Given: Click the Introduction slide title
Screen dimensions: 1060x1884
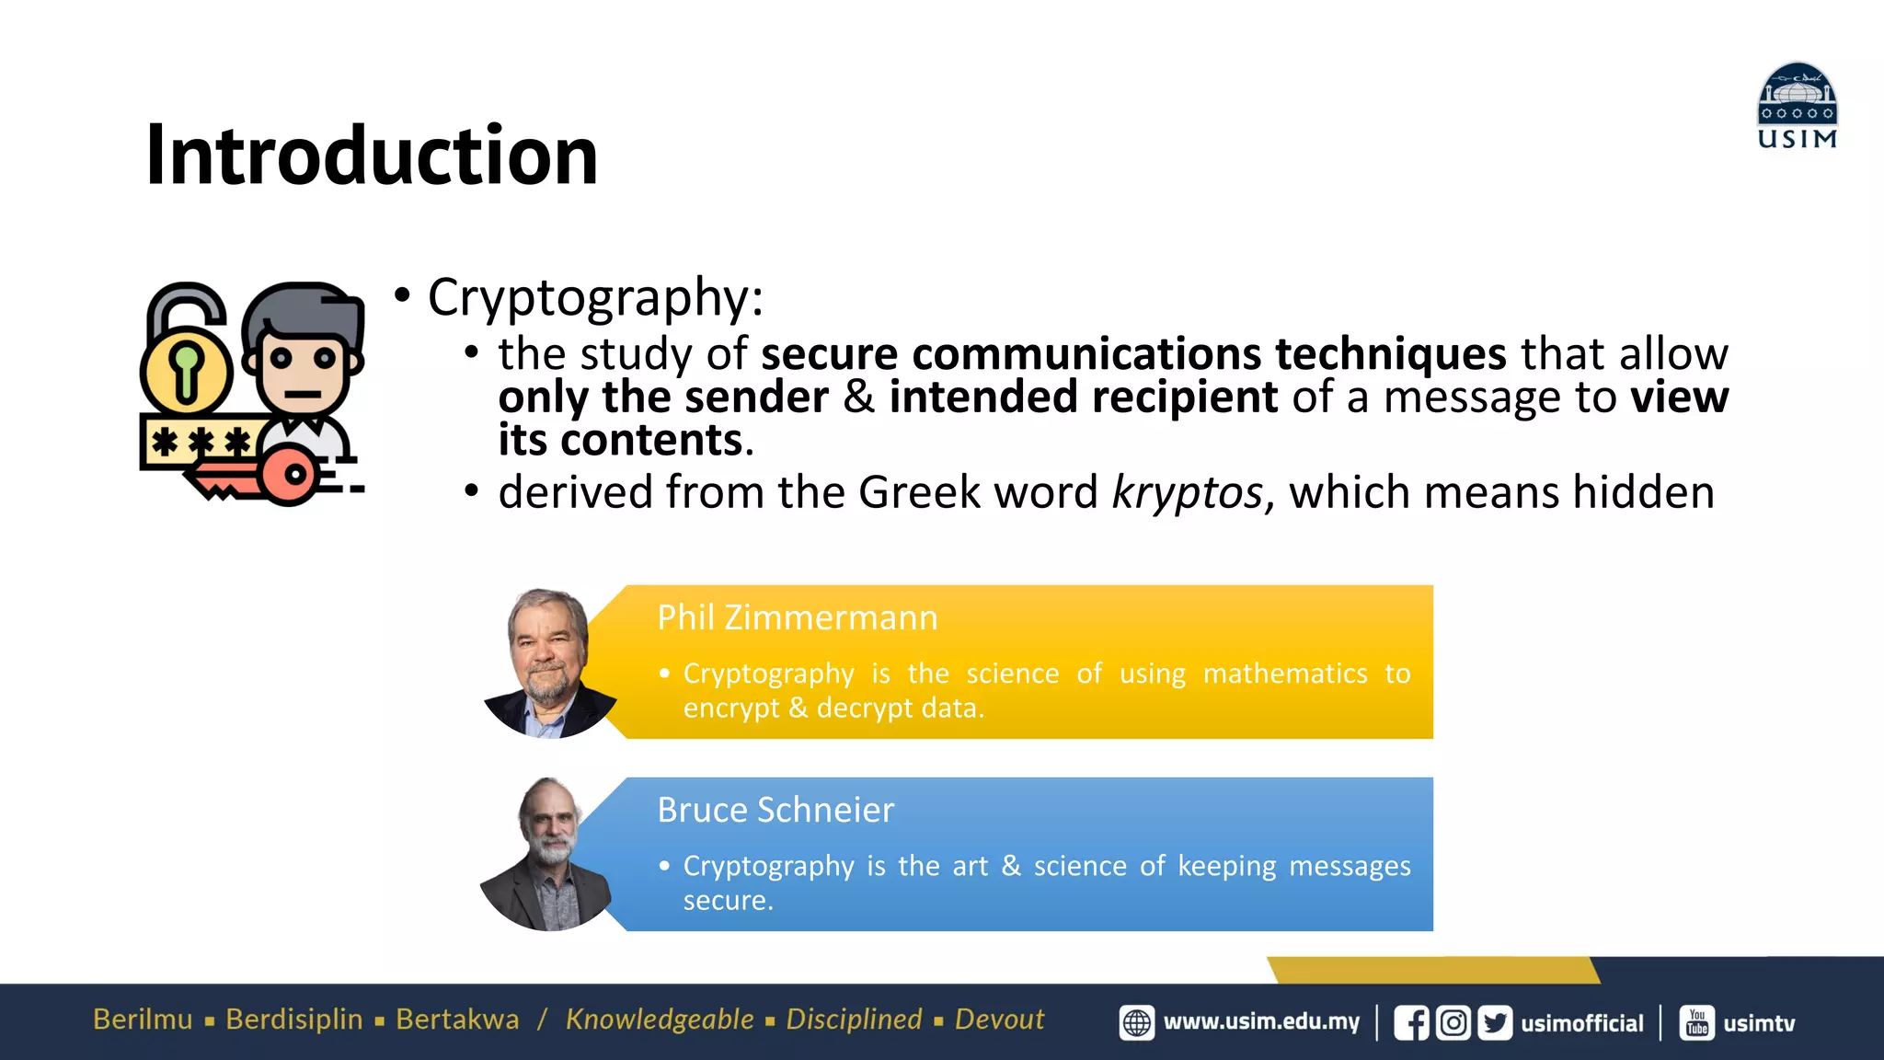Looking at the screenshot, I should (372, 155).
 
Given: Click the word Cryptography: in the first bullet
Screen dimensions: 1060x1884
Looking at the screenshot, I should (595, 297).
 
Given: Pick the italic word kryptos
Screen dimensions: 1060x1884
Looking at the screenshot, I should (1188, 492).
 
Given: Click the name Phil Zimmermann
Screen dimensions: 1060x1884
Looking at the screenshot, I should (797, 617).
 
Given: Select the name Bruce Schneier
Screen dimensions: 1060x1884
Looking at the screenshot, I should (775, 810).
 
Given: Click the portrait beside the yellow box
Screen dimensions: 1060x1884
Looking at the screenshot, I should (549, 662).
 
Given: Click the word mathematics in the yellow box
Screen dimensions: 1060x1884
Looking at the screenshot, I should (1284, 674).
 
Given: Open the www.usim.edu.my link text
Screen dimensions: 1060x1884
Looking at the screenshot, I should (1261, 1022).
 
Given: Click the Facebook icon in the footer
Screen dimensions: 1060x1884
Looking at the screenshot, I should (1411, 1023).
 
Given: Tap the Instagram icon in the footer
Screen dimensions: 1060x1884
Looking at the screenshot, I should (1453, 1023).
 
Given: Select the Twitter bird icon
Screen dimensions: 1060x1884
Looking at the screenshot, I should (1495, 1023).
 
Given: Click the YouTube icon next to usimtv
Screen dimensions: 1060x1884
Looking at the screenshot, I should (1697, 1023).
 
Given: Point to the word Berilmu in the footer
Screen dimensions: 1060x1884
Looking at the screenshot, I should (143, 1020).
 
